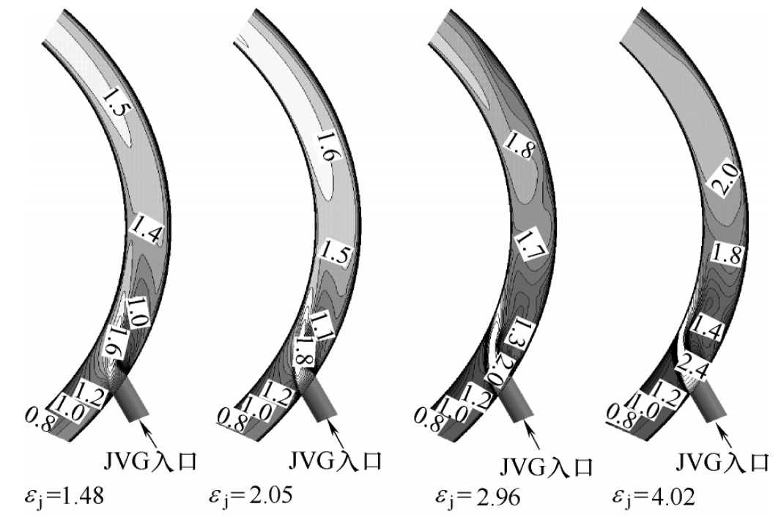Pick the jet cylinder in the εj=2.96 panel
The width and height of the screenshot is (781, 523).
point(517,402)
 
